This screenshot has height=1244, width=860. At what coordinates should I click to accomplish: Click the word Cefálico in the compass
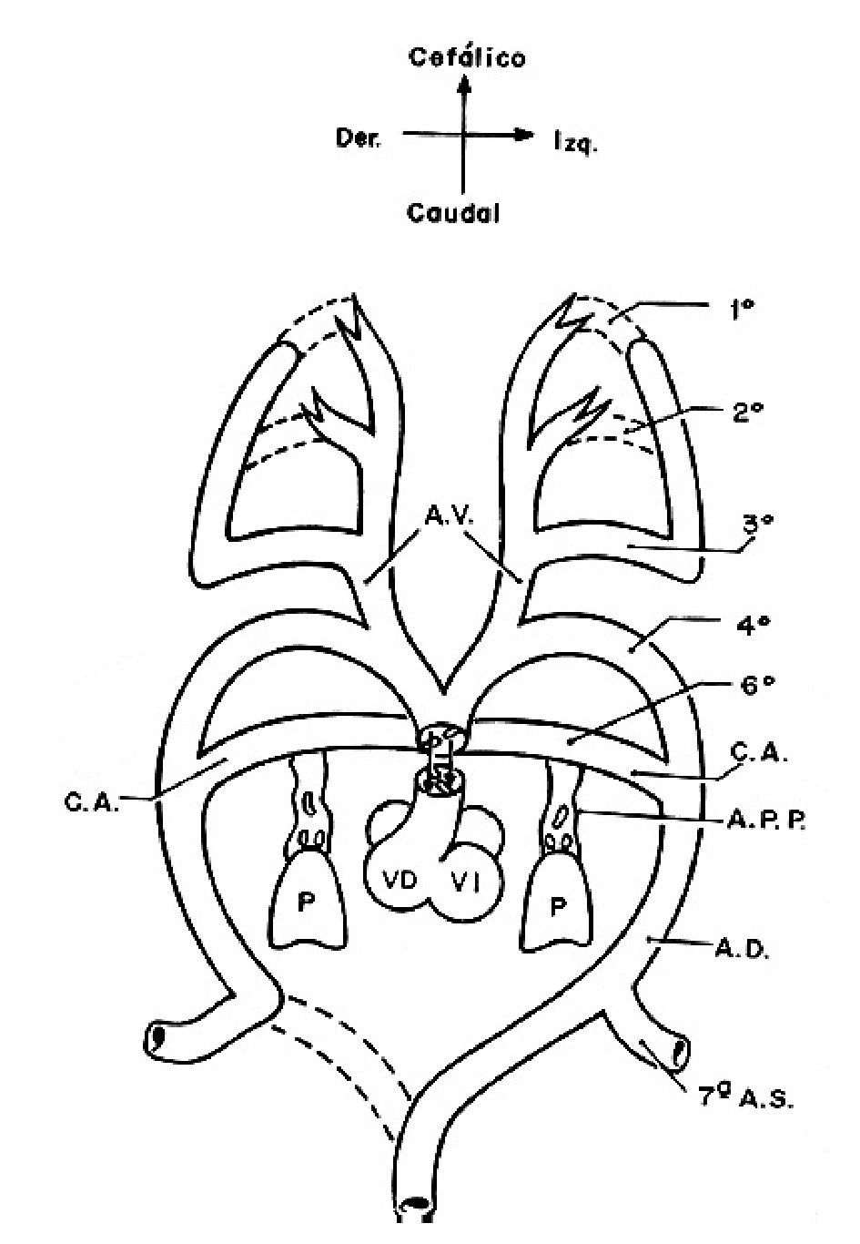(467, 58)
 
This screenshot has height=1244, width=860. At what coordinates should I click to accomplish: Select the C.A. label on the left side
(91, 804)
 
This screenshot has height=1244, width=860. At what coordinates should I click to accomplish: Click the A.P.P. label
(766, 821)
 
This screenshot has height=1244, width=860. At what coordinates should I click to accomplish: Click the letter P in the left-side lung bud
(306, 905)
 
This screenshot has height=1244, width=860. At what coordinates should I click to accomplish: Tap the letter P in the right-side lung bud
(557, 905)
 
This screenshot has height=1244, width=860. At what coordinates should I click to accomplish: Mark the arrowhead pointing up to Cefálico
(465, 86)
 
